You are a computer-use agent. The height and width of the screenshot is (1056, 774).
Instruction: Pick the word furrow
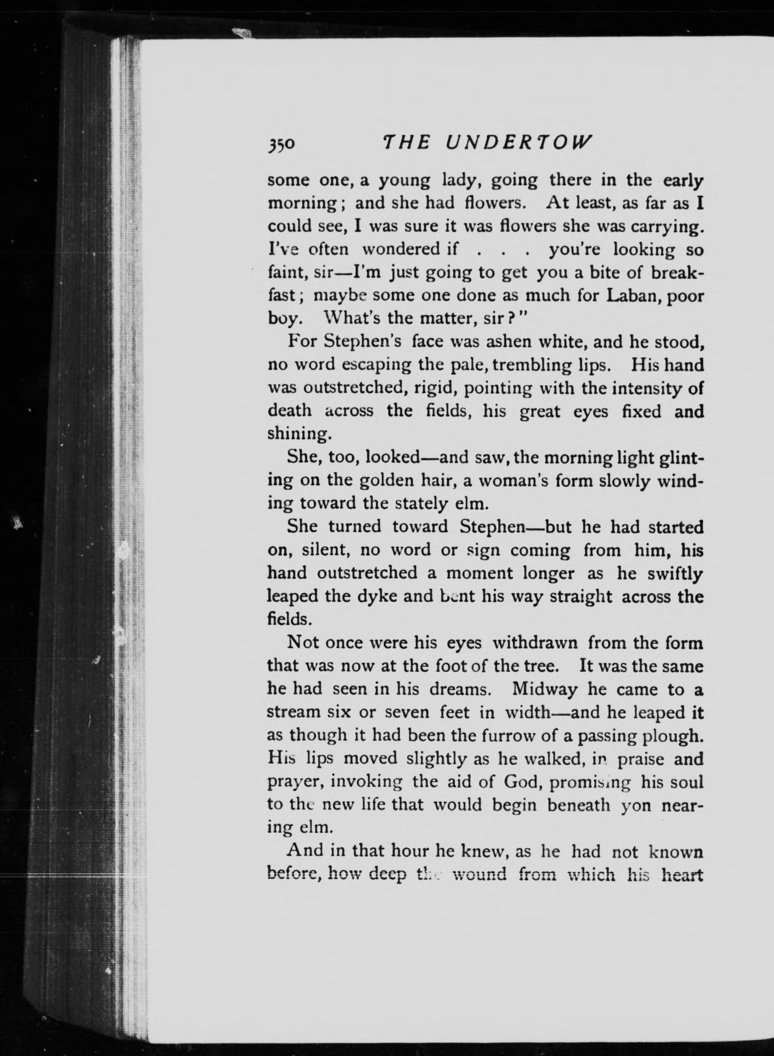(509, 735)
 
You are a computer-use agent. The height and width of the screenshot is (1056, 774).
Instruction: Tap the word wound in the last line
(478, 874)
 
